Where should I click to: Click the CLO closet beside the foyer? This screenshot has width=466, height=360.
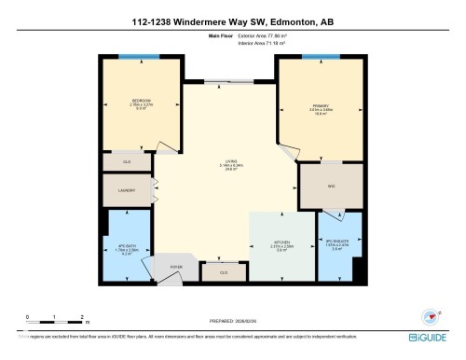(222, 271)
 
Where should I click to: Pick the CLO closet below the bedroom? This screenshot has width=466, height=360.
(128, 161)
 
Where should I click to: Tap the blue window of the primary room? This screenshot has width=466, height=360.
(321, 57)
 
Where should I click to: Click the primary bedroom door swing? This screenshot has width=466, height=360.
(289, 149)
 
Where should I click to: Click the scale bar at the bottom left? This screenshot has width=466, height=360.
(56, 321)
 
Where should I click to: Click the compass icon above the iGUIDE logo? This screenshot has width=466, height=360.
(431, 316)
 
